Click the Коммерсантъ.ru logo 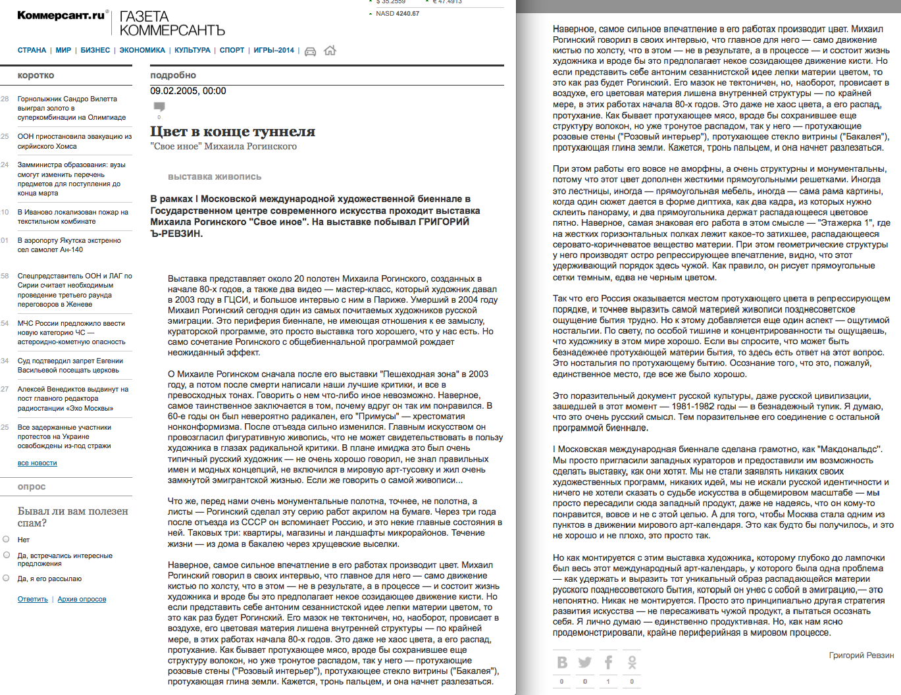(x=61, y=15)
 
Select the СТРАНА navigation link (x=32, y=50)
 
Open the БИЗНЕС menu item (x=95, y=50)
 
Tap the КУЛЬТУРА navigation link (x=192, y=50)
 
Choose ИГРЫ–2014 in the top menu (x=274, y=50)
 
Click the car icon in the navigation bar (x=310, y=51)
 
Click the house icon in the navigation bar (x=330, y=51)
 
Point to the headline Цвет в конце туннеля (x=232, y=132)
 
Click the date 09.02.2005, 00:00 (x=188, y=91)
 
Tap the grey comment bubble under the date (x=159, y=107)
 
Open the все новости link (x=37, y=463)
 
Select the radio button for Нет (x=6, y=539)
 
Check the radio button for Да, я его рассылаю (x=6, y=578)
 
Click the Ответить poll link (x=33, y=599)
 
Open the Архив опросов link (x=82, y=599)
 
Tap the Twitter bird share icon (x=584, y=662)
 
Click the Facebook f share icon (x=608, y=662)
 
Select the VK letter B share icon (x=562, y=662)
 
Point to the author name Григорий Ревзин (x=861, y=655)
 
